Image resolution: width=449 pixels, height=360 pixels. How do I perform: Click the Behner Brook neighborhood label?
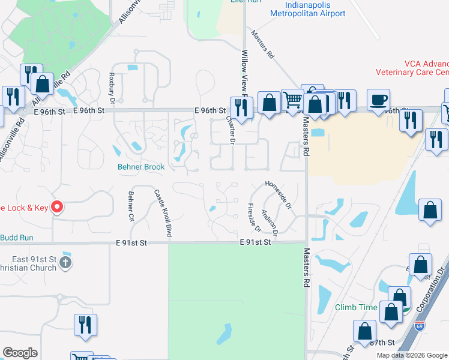point(141,167)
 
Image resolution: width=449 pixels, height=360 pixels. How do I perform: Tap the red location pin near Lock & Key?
point(57,207)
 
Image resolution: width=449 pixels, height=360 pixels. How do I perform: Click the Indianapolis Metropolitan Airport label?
point(308,9)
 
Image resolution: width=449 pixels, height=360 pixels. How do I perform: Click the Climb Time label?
point(356,308)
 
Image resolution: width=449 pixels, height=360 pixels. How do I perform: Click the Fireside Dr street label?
point(252,217)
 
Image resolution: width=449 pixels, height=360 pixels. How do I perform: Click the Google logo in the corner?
point(20,353)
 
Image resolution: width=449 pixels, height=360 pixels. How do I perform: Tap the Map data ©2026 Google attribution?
point(412,355)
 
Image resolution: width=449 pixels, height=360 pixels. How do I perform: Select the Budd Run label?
point(17,238)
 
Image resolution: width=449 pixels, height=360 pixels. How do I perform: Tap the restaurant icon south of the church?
point(85,325)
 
